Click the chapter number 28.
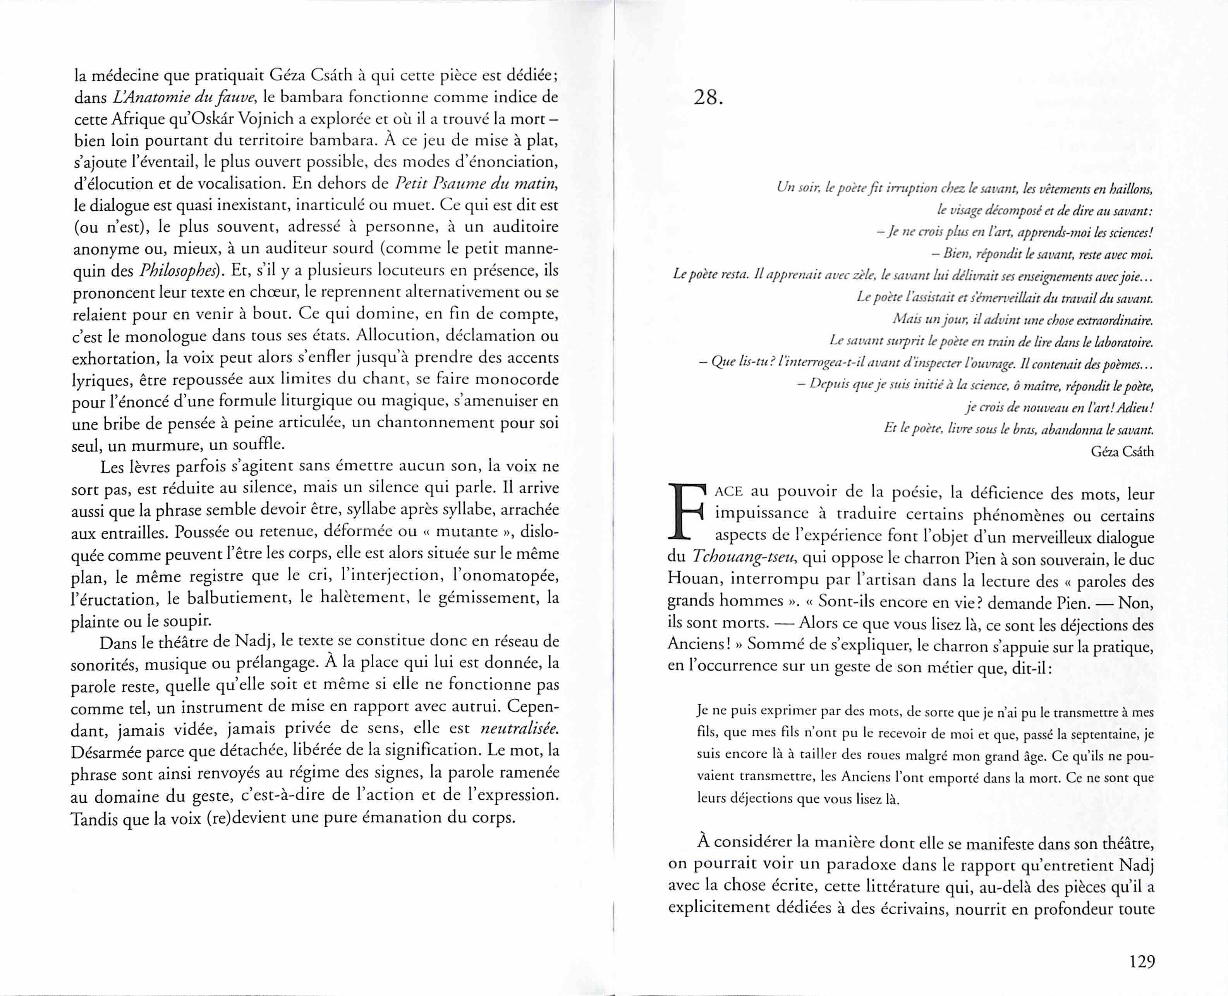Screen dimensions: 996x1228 pyautogui.click(x=708, y=98)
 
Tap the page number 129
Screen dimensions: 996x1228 pyautogui.click(x=1141, y=961)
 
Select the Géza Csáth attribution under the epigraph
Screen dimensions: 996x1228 pyautogui.click(x=1122, y=452)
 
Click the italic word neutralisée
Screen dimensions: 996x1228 pyautogui.click(x=519, y=729)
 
